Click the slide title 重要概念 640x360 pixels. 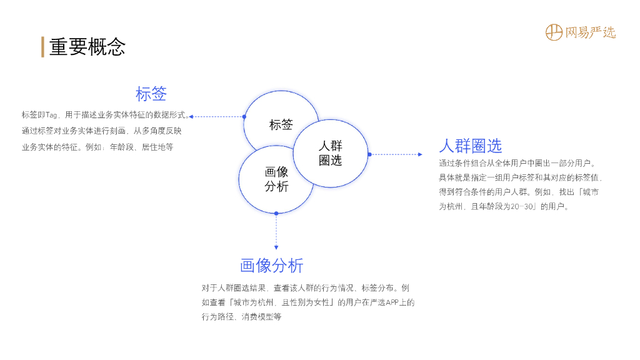(87, 47)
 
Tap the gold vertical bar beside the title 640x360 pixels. (42, 47)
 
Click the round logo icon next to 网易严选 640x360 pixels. (554, 32)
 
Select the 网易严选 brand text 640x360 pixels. (591, 32)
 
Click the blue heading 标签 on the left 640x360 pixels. (151, 94)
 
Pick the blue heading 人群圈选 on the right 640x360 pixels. (471, 146)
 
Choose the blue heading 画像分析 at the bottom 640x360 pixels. (272, 266)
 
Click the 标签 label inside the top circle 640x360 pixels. (281, 124)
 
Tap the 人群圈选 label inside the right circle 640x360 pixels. (331, 153)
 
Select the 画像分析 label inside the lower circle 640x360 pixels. (276, 179)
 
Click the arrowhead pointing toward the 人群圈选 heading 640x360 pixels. (420, 154)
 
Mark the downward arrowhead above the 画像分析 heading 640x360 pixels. (276, 247)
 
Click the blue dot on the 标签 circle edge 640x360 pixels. (244, 116)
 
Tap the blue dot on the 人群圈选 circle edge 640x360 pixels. (369, 154)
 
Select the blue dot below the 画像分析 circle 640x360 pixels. (276, 213)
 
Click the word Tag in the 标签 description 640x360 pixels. (51, 115)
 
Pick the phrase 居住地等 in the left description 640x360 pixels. (157, 147)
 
